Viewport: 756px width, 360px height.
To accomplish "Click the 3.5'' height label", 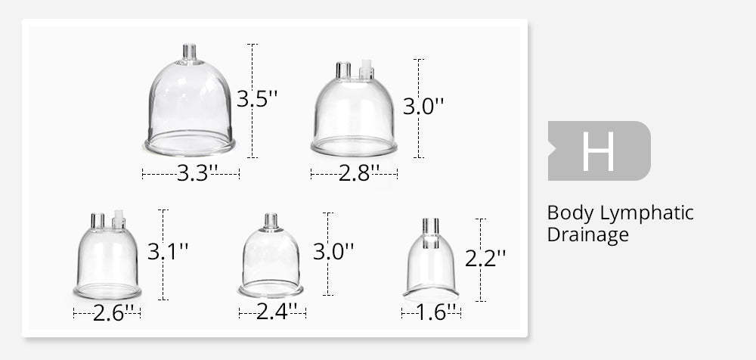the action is (257, 99).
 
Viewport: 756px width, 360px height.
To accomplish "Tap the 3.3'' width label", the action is (197, 173).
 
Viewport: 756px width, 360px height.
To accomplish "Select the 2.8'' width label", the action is (358, 173).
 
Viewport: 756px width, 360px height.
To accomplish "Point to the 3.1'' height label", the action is (167, 251).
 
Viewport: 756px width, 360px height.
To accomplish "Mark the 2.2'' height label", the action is (485, 258).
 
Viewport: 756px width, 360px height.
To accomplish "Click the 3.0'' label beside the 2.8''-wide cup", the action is (423, 107).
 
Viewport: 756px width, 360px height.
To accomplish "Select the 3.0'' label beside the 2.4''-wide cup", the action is (333, 251).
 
